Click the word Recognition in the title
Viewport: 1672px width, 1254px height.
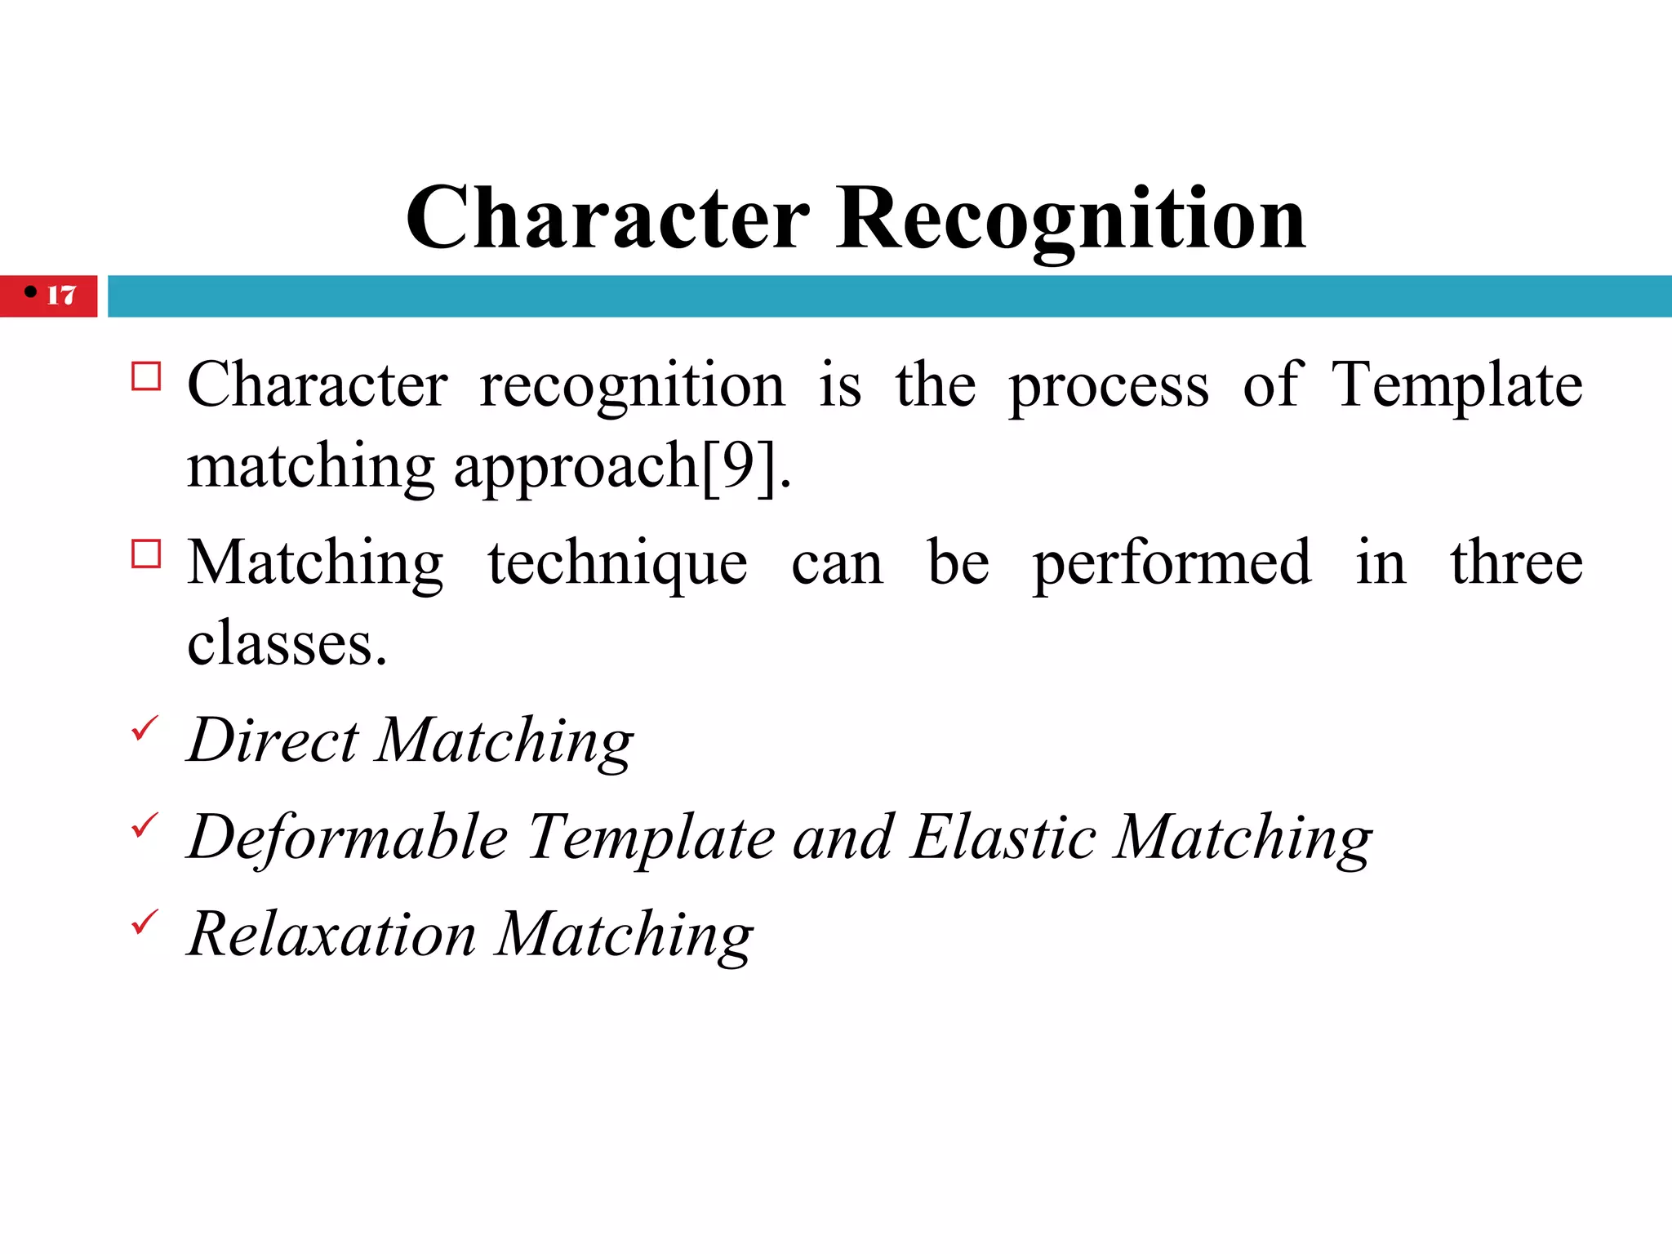1070,219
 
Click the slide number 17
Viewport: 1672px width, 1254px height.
61,295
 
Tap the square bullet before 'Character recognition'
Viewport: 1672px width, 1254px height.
146,376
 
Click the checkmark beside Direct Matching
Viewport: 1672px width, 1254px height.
145,727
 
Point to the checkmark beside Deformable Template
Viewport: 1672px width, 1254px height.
145,825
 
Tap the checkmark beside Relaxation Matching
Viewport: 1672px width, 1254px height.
145,922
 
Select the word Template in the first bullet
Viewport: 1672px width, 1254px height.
1456,386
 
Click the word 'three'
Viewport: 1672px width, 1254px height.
1516,563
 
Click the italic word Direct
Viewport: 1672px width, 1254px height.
273,740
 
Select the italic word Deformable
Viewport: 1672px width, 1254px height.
349,838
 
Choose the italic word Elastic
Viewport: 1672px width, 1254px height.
1003,837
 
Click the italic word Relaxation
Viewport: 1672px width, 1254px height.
331,935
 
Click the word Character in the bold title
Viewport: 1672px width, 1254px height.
607,219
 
